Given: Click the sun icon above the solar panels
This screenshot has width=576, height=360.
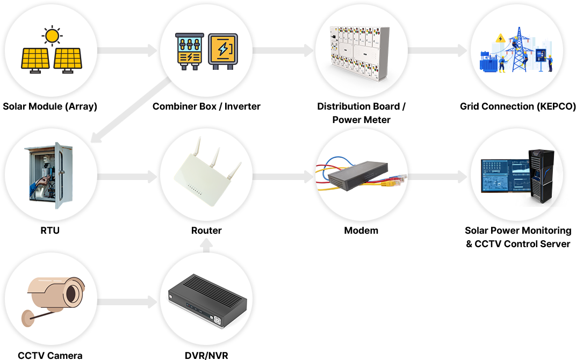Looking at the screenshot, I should point(52,36).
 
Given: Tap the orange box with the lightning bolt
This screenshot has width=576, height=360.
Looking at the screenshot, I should point(222,50).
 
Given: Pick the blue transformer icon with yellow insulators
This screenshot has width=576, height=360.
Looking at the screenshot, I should point(189,51).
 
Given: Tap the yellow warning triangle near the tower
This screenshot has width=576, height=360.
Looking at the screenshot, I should point(500,38).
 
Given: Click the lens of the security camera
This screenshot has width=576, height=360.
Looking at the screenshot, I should point(72,292).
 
